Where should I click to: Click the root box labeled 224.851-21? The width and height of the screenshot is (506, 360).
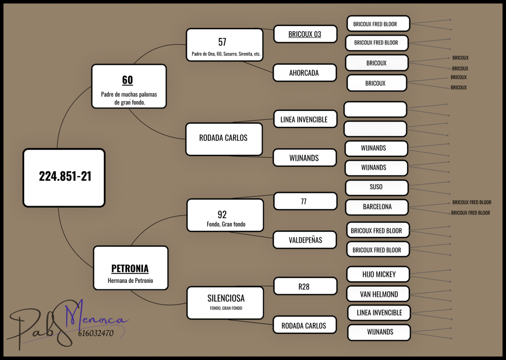[x=64, y=178]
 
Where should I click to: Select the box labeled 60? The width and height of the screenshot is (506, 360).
[x=129, y=86]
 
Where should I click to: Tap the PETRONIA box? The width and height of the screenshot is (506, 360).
[x=130, y=268]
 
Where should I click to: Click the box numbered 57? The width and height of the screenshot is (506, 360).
[x=225, y=45]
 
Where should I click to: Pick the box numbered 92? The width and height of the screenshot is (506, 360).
[x=225, y=215]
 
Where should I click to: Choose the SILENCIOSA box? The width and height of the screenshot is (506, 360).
[x=225, y=303]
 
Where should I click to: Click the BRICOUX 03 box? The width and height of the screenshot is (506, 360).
[x=305, y=34]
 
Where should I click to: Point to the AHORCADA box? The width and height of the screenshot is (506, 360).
[x=304, y=73]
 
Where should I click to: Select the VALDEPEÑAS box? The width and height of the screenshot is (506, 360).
[x=304, y=240]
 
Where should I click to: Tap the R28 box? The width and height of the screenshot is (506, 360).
[x=305, y=286]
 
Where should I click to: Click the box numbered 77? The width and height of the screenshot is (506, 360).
[x=305, y=201]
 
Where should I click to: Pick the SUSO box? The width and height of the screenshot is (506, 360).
[x=377, y=187]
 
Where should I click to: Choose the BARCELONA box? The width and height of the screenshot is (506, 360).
[x=377, y=207]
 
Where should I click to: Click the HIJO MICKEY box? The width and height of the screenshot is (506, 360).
[x=378, y=274]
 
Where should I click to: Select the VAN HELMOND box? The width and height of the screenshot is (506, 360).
[x=378, y=294]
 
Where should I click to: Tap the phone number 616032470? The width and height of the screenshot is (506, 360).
[x=95, y=333]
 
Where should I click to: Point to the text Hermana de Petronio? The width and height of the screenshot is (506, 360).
[x=130, y=280]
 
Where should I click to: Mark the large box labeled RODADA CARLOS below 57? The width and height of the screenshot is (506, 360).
[x=224, y=139]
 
